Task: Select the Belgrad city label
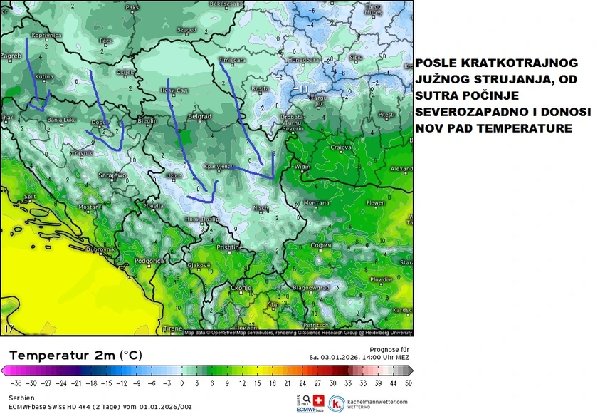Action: tap(198, 116)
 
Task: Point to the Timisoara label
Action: tap(231, 60)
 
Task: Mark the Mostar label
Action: tap(88, 207)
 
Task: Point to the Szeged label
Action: tap(186, 31)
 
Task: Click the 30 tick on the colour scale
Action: tap(332, 382)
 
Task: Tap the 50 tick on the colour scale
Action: tap(407, 382)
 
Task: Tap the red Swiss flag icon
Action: tap(319, 400)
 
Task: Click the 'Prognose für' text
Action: tap(389, 349)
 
